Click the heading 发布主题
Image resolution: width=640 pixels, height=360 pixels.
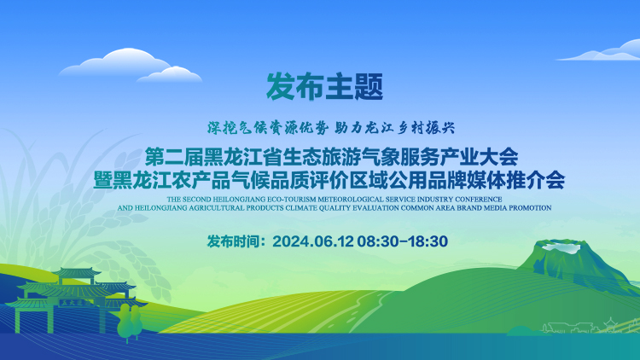coord(324,86)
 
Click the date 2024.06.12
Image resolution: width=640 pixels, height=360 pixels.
coord(312,241)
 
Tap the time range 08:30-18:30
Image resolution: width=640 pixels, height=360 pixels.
coord(403,241)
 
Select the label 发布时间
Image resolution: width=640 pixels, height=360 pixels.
coord(233,241)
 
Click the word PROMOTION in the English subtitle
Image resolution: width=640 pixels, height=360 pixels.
coord(530,208)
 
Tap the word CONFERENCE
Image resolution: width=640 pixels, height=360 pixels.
coord(479,199)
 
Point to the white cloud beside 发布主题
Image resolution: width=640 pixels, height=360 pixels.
coord(130,66)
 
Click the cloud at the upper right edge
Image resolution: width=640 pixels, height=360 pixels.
coord(600,50)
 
